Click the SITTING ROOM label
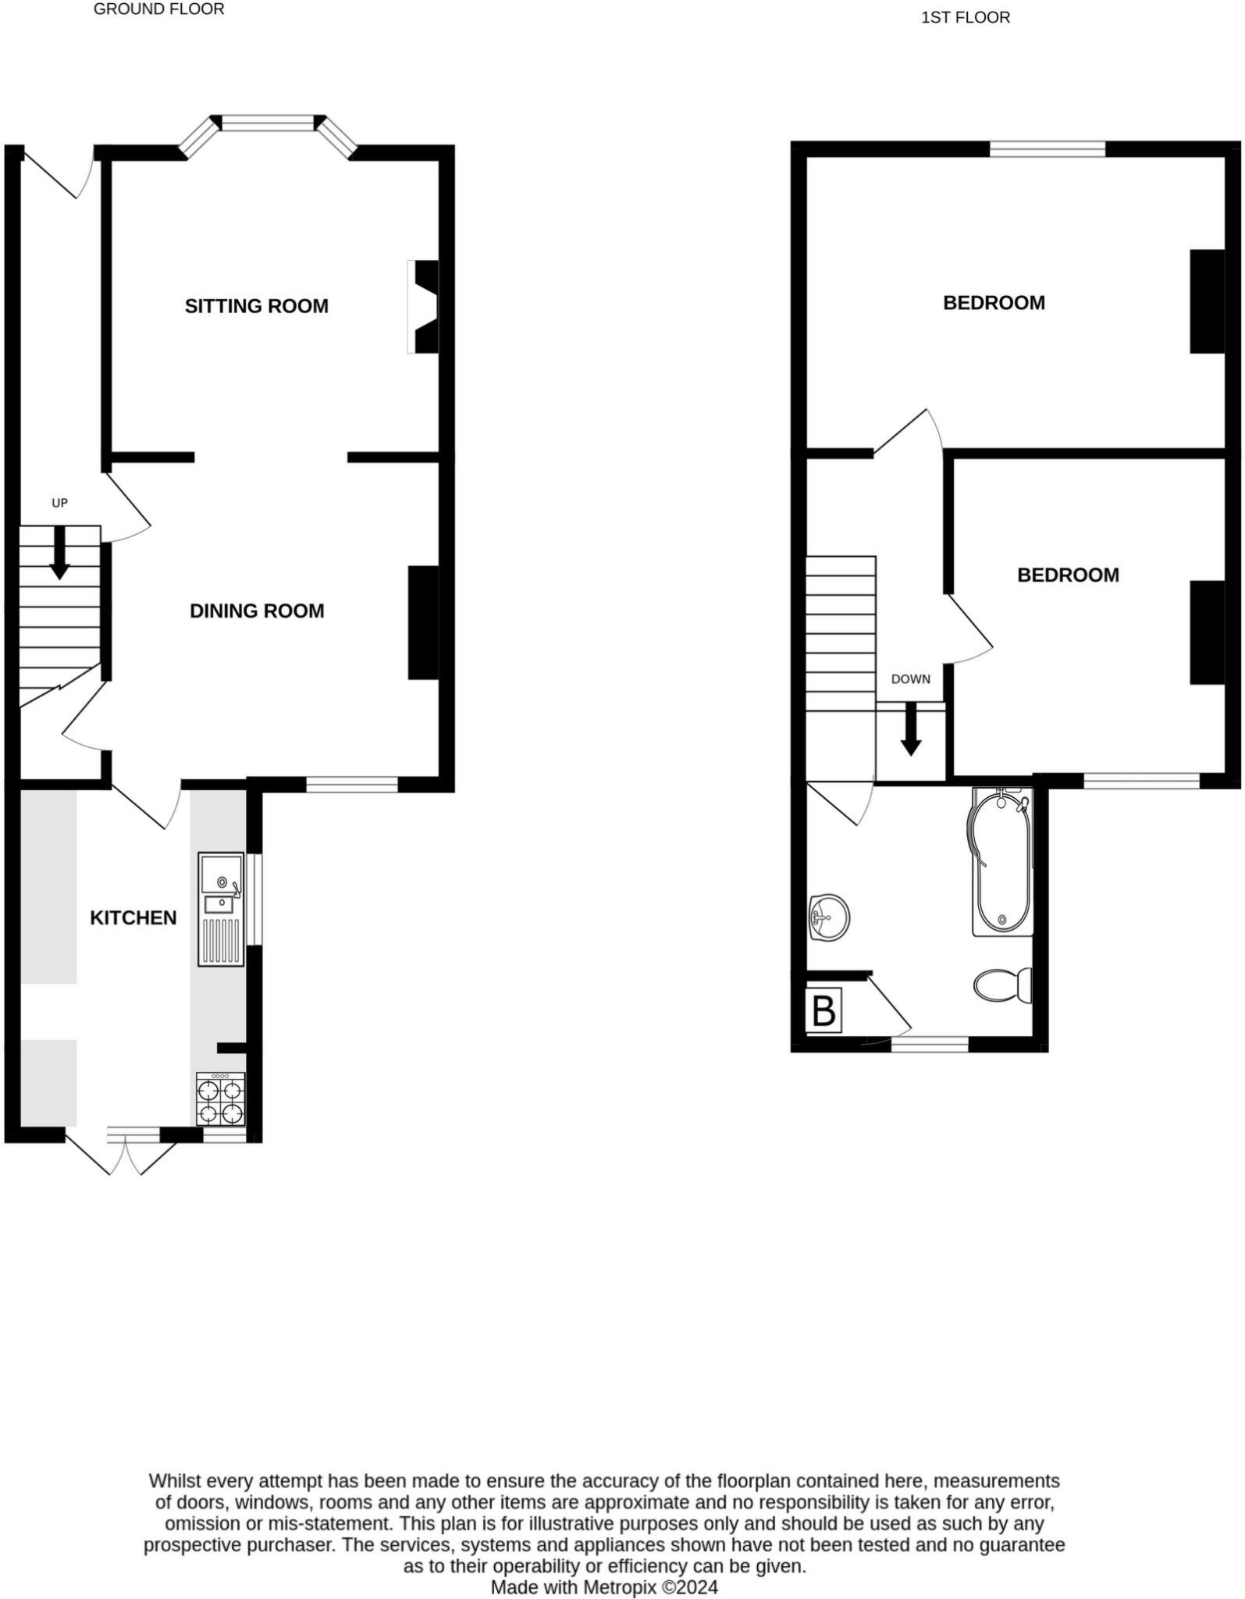(256, 306)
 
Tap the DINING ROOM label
(257, 611)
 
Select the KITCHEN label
(133, 917)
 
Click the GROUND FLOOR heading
(158, 9)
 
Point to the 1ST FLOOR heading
(965, 17)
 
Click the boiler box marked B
(823, 1011)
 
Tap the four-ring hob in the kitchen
(221, 1099)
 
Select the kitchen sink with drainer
(221, 909)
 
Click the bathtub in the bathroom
(1001, 862)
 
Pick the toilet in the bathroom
(1003, 985)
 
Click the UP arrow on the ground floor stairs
(59, 554)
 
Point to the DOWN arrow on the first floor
(910, 729)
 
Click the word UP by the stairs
(59, 503)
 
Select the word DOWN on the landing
(910, 679)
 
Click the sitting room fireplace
(423, 306)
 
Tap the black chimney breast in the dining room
(423, 622)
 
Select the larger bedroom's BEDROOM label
(994, 303)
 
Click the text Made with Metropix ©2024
(603, 1587)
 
